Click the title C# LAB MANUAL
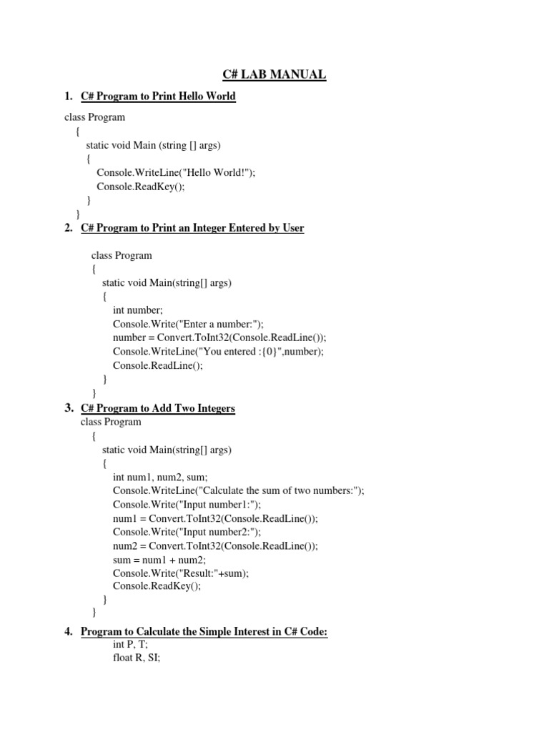(x=274, y=74)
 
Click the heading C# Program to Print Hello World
(x=158, y=97)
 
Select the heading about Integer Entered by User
(x=192, y=228)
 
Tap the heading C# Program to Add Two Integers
(x=158, y=408)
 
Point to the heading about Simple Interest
(x=204, y=632)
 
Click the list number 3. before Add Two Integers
(x=69, y=408)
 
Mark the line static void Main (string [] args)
(x=154, y=145)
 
